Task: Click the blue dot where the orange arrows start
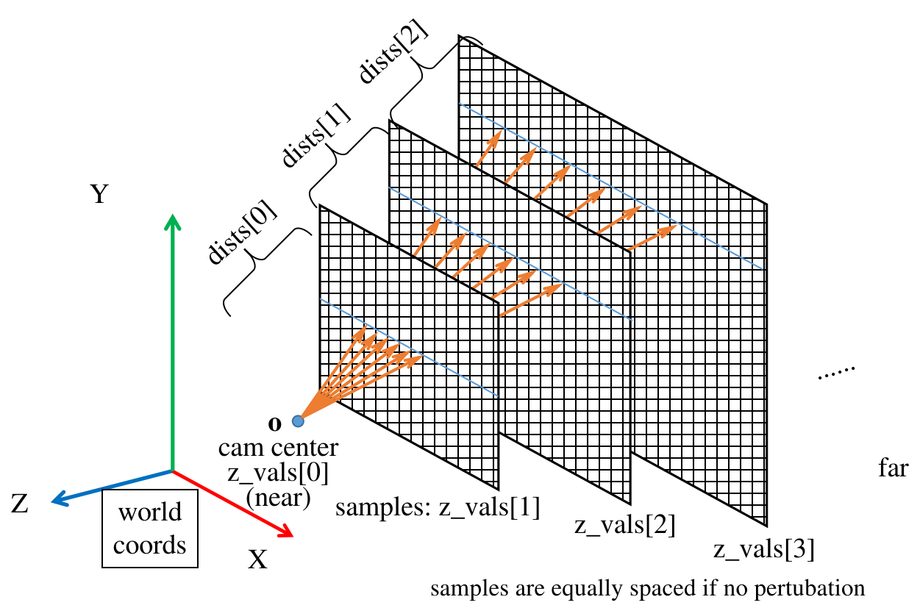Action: pyautogui.click(x=298, y=421)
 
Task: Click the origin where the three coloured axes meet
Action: pyautogui.click(x=172, y=471)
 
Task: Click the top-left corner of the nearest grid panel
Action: pyautogui.click(x=321, y=207)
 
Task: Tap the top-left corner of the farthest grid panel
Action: pyautogui.click(x=460, y=38)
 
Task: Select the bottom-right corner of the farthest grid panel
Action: pyautogui.click(x=765, y=523)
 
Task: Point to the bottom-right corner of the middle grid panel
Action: pyautogui.click(x=630, y=502)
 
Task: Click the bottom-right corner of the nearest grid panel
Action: pyautogui.click(x=498, y=487)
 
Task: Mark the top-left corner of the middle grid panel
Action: pyautogui.click(x=391, y=123)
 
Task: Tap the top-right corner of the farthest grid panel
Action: pyautogui.click(x=766, y=204)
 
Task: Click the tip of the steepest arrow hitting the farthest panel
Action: pyautogui.click(x=501, y=131)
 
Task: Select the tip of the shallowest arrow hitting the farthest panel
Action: pyautogui.click(x=676, y=226)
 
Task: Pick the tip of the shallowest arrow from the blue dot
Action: pyautogui.click(x=422, y=357)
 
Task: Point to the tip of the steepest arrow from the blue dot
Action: pyautogui.click(x=365, y=326)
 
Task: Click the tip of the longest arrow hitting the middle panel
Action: pyautogui.click(x=563, y=285)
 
